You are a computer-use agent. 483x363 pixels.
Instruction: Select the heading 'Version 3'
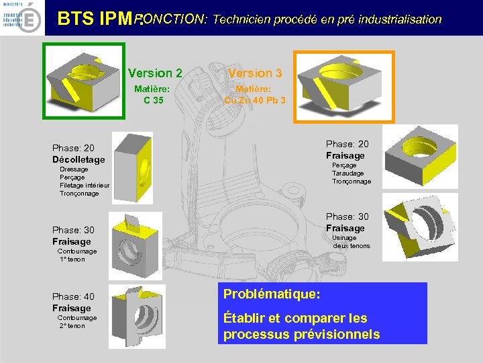255,73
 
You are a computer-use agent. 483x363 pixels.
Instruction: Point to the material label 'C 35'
153,101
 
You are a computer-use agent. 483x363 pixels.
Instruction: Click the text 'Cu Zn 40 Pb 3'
255,101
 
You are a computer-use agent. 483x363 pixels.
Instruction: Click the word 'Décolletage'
78,159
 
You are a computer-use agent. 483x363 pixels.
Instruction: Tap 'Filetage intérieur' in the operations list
85,186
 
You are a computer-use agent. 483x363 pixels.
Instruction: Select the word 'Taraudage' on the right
348,173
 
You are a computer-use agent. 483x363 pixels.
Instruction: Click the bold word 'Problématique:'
272,294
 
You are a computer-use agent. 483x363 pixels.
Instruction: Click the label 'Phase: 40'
73,296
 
